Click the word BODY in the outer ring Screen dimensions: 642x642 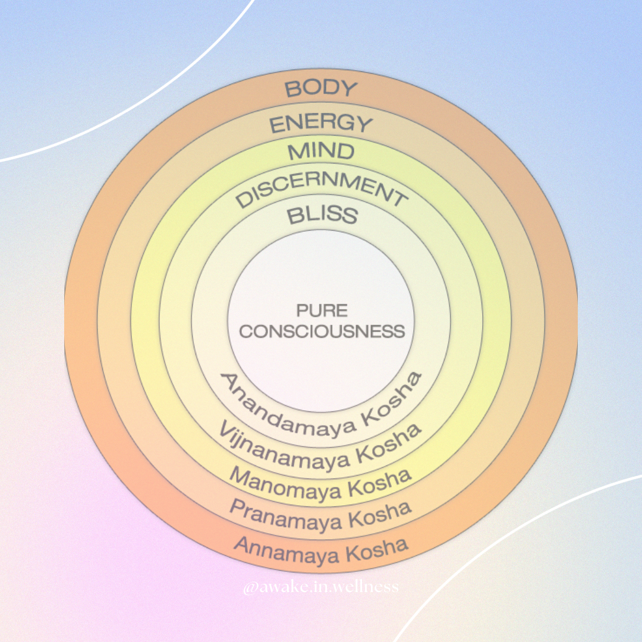321,89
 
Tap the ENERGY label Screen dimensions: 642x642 321,124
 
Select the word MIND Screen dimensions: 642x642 321,151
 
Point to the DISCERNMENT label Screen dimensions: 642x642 321,189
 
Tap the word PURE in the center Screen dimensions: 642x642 322,310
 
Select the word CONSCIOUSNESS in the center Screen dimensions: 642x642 322,331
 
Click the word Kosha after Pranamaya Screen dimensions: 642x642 379,515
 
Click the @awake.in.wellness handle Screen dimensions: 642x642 321,588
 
